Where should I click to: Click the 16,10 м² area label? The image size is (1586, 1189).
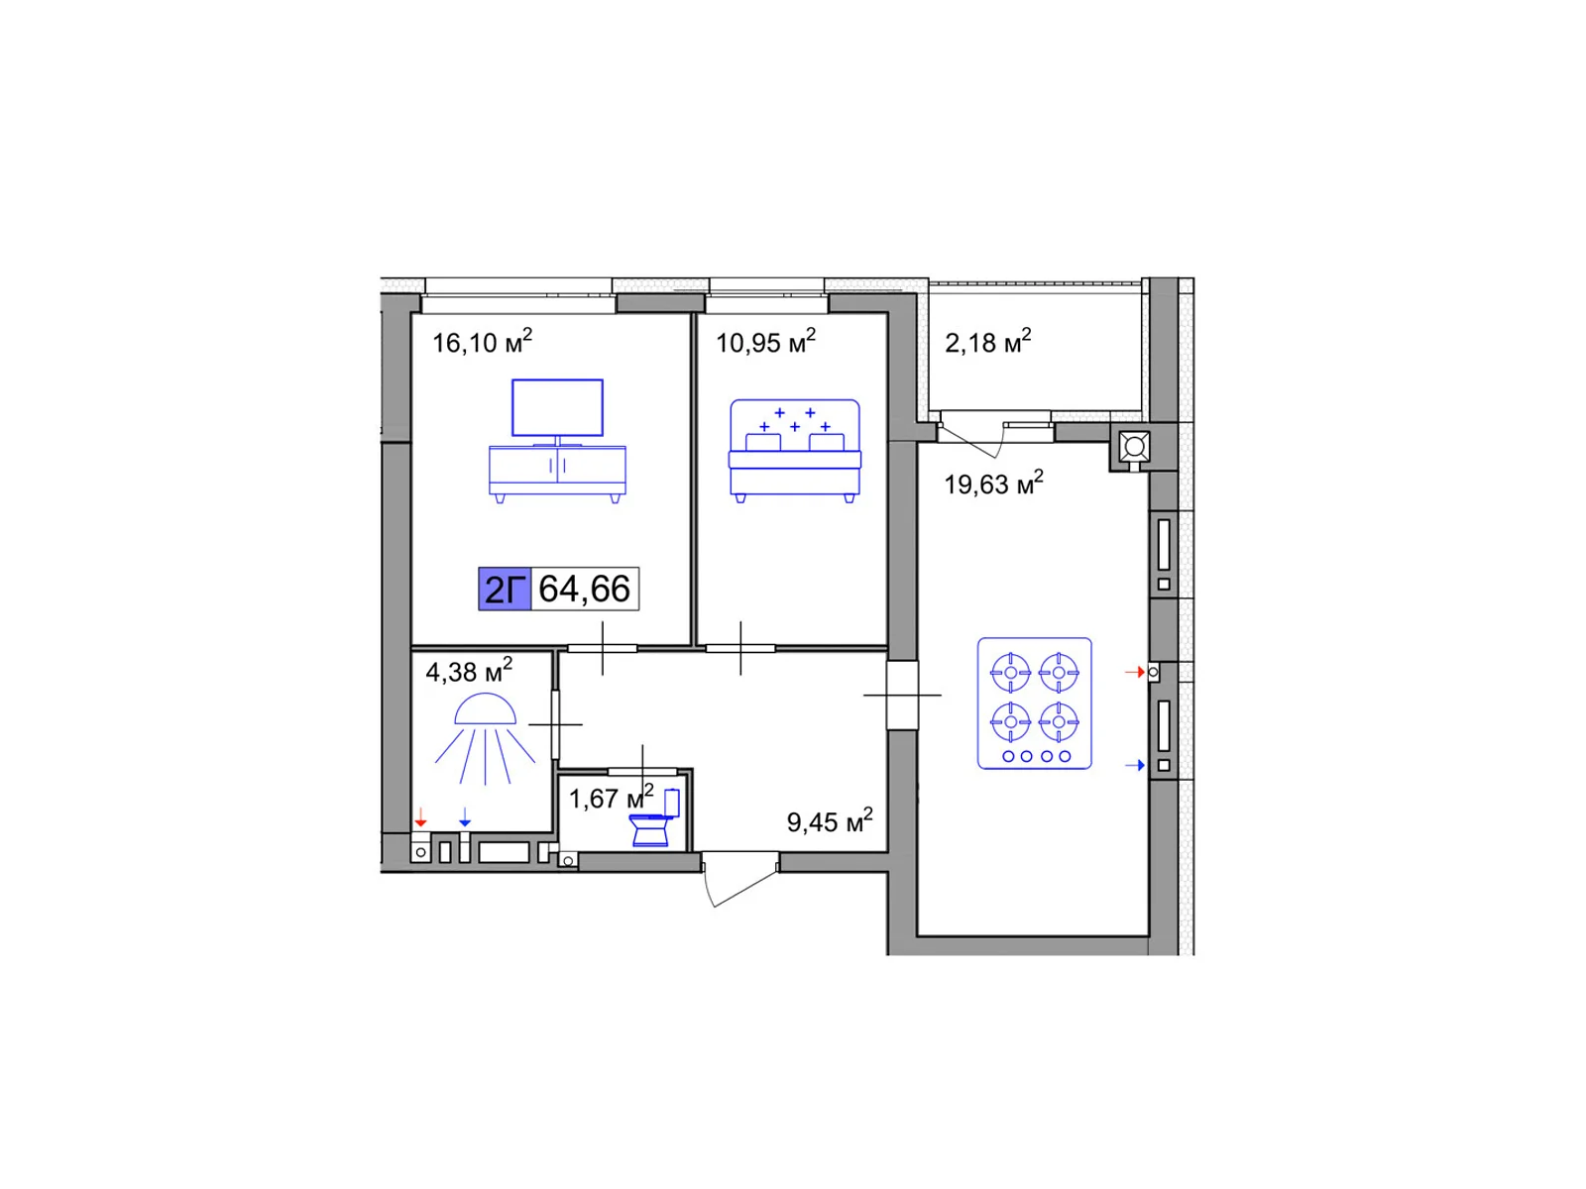tap(482, 341)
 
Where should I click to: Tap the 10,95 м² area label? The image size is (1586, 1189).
tap(765, 341)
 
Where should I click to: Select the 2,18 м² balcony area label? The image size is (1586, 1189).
tap(987, 341)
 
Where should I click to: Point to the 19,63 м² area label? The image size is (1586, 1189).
tap(993, 483)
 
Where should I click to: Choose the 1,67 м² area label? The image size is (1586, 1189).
tap(612, 797)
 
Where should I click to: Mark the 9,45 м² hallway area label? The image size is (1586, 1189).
tap(830, 820)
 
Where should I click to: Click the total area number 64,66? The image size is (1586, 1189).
tap(585, 589)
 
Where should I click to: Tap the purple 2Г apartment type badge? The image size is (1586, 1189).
tap(505, 590)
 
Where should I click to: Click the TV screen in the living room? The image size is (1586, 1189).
tap(557, 408)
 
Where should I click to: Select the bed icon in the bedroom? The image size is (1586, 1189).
tap(795, 451)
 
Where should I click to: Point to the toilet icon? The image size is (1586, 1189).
tap(654, 818)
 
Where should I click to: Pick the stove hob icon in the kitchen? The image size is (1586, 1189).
tap(1034, 703)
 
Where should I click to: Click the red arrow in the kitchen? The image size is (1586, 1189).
tap(1134, 672)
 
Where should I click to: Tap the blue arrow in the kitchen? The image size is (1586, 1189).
tap(1134, 765)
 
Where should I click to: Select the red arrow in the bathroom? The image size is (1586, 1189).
tap(420, 817)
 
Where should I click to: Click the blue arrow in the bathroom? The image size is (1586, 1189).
tap(465, 817)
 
